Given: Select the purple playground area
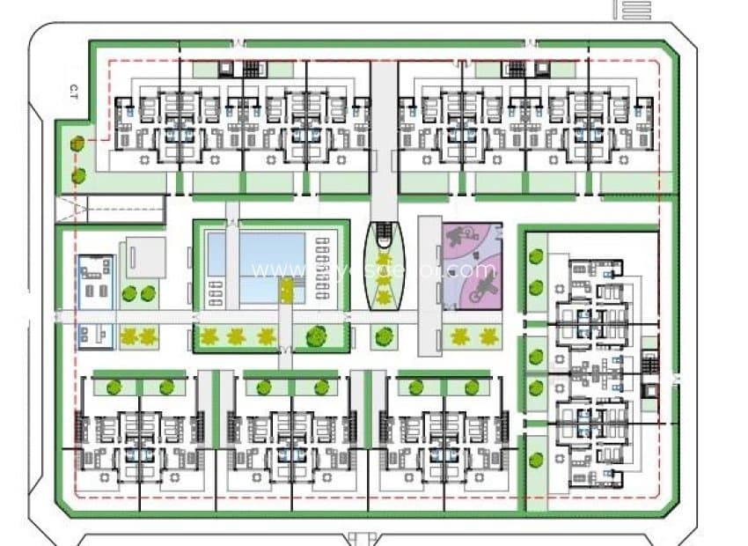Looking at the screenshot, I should (473, 264).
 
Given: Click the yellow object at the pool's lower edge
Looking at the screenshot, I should (286, 291).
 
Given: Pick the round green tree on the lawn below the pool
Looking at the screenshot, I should (316, 336).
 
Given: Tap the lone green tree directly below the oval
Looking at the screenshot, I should (383, 336).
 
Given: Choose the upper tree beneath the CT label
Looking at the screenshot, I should (78, 144).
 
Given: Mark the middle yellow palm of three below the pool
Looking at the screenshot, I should (237, 336).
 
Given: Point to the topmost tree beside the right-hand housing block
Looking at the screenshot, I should (537, 257).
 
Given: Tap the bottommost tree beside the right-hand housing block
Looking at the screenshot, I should (537, 460).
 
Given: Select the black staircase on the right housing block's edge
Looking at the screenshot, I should (651, 362).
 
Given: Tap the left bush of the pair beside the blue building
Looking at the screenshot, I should (129, 293).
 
